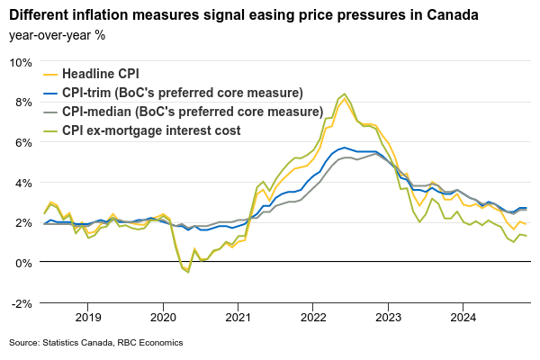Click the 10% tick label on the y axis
point(20,62)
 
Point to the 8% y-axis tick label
point(22,102)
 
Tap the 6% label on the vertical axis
point(22,142)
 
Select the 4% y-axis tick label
point(22,182)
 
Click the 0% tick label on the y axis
point(22,262)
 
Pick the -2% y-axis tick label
point(21,302)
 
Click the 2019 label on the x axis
point(88,317)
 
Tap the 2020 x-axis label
point(163,317)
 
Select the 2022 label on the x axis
point(313,317)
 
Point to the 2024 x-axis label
point(463,317)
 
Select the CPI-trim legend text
point(183,94)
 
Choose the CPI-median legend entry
point(191,112)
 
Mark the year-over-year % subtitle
point(57,35)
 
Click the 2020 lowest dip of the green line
point(188,272)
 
